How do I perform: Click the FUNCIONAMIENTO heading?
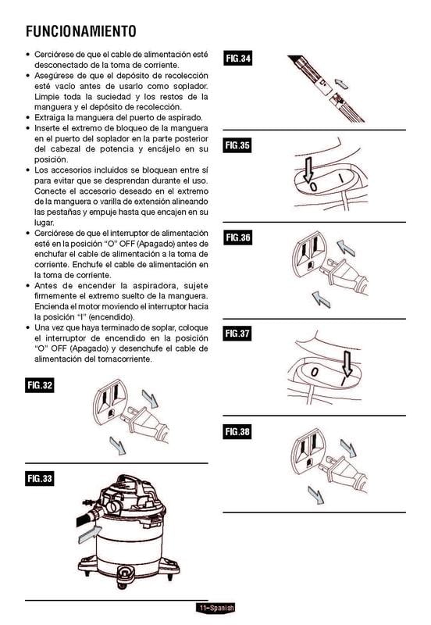click(81, 31)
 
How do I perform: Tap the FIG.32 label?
click(40, 385)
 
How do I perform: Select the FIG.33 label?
click(40, 478)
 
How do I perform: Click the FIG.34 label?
click(238, 58)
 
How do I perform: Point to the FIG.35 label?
click(237, 145)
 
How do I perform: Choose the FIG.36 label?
click(238, 237)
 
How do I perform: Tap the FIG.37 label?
click(238, 334)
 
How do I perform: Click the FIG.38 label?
click(237, 431)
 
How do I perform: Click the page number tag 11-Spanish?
click(215, 608)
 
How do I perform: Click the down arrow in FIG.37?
click(347, 363)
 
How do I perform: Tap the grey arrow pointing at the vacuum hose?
click(90, 534)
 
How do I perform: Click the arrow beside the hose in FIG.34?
click(341, 84)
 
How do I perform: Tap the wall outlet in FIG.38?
click(308, 451)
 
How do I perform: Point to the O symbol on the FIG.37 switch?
click(315, 373)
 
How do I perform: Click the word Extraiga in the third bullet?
click(48, 118)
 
